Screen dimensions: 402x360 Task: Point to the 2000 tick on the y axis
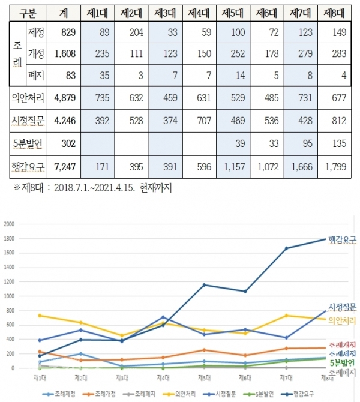pos(9,224)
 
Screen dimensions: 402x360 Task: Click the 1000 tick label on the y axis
pos(9,296)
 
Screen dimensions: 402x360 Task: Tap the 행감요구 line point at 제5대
pos(203,284)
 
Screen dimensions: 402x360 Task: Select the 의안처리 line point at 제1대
pos(40,316)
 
